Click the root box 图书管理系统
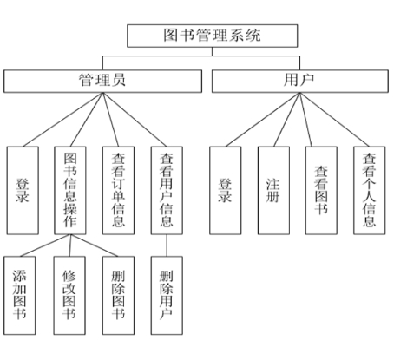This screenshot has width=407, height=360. point(213,36)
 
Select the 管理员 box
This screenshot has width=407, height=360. point(102,81)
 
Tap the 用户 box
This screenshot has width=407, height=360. point(300,81)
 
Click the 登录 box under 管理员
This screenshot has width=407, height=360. point(23,190)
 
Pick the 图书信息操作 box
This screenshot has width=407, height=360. point(70,190)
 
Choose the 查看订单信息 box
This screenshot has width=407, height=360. point(118,190)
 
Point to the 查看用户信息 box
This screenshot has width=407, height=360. point(167,190)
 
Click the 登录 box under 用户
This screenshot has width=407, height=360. point(226,190)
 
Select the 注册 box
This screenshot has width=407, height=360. point(273,190)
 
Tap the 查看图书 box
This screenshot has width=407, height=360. point(321,190)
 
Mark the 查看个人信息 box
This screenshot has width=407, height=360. point(370,190)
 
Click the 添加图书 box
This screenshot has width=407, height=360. point(20,296)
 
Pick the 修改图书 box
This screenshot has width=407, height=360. point(69,296)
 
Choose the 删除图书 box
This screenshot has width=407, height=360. point(118,296)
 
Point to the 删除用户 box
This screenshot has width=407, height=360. point(167,296)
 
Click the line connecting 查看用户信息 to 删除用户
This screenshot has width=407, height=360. point(167,245)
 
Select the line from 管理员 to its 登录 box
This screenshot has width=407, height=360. point(62,120)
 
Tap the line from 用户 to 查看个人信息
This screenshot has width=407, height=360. point(334,120)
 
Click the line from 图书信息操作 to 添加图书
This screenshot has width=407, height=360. point(45,245)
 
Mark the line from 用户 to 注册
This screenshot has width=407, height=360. point(286,120)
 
